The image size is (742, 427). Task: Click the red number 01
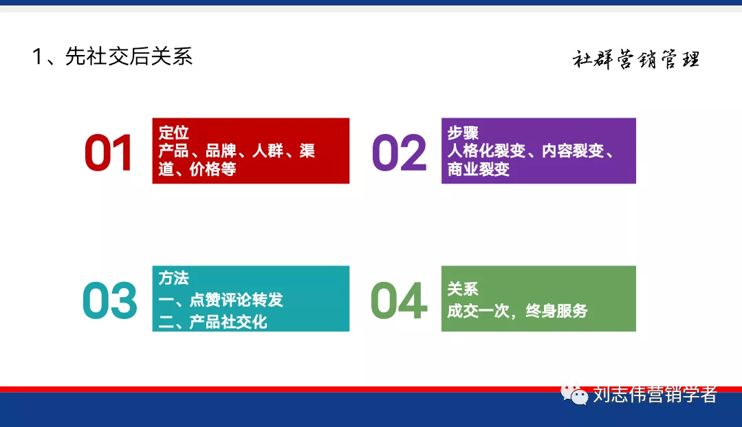coord(109,153)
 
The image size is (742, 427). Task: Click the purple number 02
coord(399,153)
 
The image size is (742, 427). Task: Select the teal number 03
coord(109,300)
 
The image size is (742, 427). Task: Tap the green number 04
coord(398,300)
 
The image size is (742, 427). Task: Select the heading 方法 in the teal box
coord(173,278)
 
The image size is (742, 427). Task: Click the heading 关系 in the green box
coord(463,289)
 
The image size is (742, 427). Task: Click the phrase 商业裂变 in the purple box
coord(479,169)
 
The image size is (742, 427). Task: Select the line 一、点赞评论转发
coord(221,300)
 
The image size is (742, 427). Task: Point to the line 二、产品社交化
coord(212,321)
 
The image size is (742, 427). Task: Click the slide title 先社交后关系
coord(129,56)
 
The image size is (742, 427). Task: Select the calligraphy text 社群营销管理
coord(635,61)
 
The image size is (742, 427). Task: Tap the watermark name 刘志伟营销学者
coord(655,395)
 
